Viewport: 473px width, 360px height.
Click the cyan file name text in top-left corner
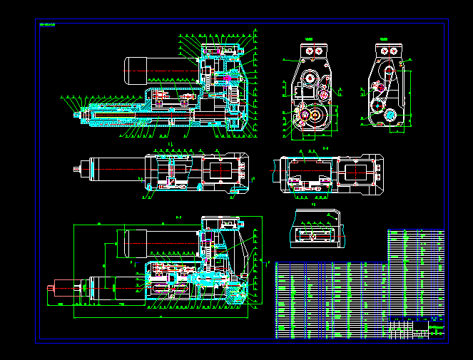[47, 25]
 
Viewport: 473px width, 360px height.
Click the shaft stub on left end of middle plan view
[77, 170]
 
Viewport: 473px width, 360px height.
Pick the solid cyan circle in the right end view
[390, 115]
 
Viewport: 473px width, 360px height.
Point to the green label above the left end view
[308, 39]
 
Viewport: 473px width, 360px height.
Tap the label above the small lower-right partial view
[314, 205]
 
